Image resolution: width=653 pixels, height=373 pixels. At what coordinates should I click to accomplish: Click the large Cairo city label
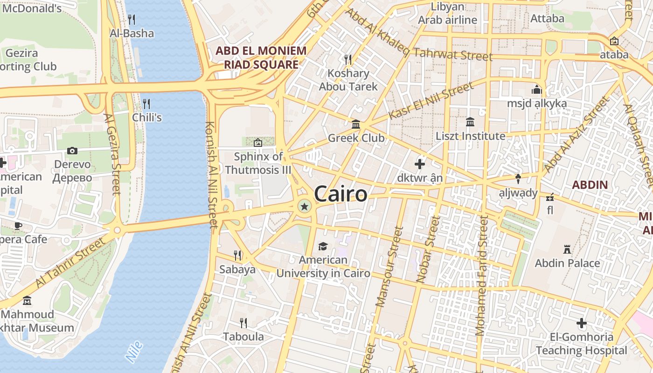click(340, 194)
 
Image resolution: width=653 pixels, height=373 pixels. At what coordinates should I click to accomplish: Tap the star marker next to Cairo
click(304, 206)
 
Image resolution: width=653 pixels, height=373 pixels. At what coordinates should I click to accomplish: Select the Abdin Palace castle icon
click(567, 249)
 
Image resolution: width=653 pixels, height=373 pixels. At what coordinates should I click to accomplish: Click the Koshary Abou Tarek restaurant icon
click(348, 59)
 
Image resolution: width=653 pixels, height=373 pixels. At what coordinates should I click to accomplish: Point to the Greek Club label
click(356, 138)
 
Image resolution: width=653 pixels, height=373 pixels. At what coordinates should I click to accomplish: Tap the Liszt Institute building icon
click(470, 122)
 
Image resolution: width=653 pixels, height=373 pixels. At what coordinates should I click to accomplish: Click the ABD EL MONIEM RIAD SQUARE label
click(261, 57)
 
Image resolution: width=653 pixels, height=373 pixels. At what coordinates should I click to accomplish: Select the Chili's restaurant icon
click(146, 103)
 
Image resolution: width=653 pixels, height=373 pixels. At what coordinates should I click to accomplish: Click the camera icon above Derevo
click(72, 151)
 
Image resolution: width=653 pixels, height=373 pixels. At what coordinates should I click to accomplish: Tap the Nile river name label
click(134, 352)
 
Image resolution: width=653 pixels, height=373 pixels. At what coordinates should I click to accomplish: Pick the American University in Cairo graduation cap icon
click(323, 246)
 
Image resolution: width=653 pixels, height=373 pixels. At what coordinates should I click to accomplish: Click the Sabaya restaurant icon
click(237, 255)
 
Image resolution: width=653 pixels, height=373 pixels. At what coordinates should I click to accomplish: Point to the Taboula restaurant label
click(243, 337)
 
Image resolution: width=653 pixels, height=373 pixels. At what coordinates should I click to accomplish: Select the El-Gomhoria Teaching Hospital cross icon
click(581, 323)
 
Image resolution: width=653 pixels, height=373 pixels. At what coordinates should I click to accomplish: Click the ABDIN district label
click(590, 185)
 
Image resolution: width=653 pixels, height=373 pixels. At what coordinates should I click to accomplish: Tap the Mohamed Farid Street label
click(481, 275)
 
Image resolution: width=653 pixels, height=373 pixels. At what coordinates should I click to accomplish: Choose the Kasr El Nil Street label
click(431, 101)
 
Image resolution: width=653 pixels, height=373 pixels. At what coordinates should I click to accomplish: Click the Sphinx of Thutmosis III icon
click(257, 143)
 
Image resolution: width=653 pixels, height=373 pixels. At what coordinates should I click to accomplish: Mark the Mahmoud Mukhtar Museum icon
click(27, 301)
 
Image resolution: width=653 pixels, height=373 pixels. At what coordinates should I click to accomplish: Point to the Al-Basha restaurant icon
click(132, 20)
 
